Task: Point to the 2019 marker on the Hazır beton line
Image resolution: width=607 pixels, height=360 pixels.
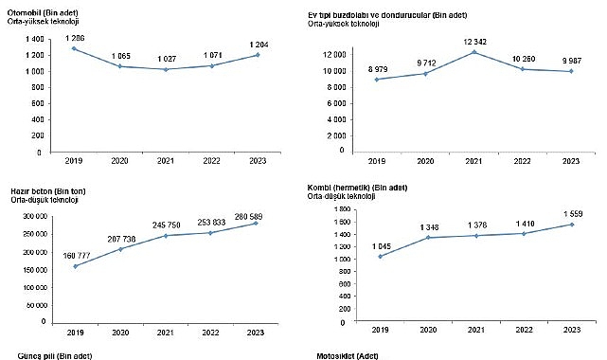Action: (x=76, y=266)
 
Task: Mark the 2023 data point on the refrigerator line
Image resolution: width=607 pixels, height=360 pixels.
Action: (x=570, y=71)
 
